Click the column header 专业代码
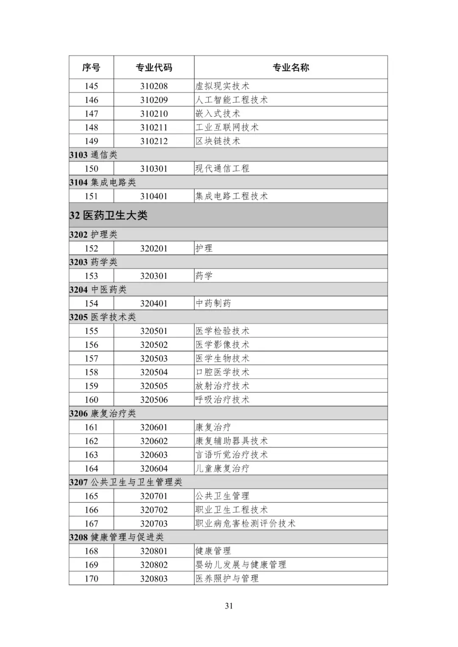tap(154, 67)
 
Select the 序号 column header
tap(91, 67)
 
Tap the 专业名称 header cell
tap(290, 67)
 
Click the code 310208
tap(154, 86)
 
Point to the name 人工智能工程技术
tap(232, 100)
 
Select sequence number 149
tap(91, 141)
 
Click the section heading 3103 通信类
tap(93, 155)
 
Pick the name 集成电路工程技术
tap(232, 196)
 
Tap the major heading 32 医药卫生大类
tap(109, 215)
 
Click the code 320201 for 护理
tap(154, 248)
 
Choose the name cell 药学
tap(204, 276)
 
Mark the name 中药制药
tap(213, 303)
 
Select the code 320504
tap(154, 372)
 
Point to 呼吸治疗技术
tap(222, 400)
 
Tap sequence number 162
tap(91, 441)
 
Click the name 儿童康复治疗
tap(222, 469)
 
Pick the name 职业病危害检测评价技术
tap(245, 524)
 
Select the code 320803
tap(154, 579)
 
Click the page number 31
tap(229, 606)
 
